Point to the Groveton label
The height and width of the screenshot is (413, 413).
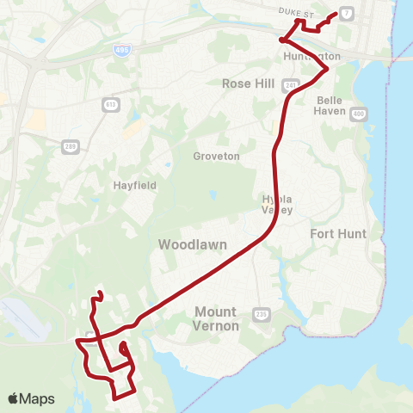tap(216, 157)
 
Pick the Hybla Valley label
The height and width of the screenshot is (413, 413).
tap(277, 204)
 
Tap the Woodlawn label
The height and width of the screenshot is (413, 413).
tap(193, 245)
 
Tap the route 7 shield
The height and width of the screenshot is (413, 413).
tap(345, 14)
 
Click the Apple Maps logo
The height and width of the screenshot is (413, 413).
tap(31, 398)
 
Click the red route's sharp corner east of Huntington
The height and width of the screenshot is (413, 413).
tap(327, 69)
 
